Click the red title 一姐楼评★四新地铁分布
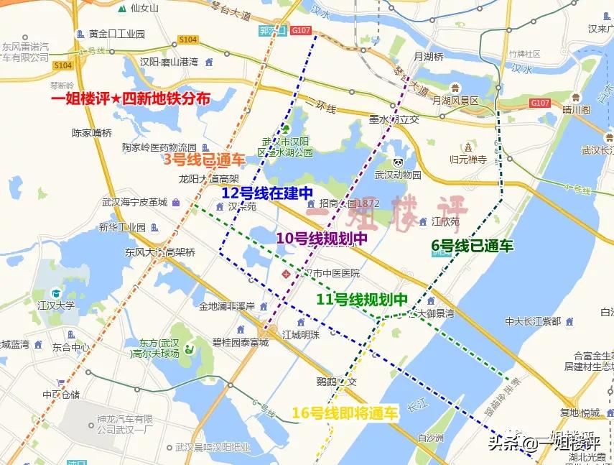click(131, 99)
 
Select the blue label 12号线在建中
click(267, 193)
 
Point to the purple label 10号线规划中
click(322, 238)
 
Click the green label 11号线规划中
click(362, 299)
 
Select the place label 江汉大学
click(56, 305)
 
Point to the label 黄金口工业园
click(117, 34)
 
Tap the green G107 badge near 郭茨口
click(302, 30)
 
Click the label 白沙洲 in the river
click(432, 438)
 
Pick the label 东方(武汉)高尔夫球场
click(159, 349)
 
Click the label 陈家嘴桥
click(92, 133)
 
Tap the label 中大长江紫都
click(532, 321)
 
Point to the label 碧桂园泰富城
click(239, 343)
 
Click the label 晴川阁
click(575, 110)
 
